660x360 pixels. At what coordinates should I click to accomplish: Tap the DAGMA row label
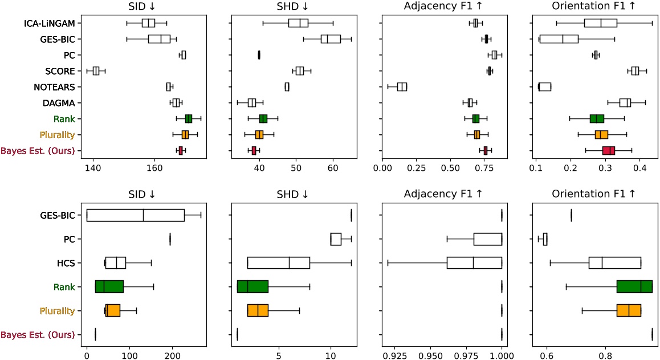pos(60,103)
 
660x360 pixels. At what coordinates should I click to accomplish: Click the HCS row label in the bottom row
pos(67,263)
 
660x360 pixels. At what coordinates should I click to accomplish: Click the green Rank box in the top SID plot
pos(189,118)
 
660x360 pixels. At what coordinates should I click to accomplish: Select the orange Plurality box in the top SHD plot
pos(259,134)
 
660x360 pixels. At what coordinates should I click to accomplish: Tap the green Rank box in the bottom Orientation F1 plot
pos(634,287)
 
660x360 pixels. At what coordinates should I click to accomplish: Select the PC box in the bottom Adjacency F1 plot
pos(487,239)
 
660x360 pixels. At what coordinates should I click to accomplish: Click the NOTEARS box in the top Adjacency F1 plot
pos(402,87)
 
